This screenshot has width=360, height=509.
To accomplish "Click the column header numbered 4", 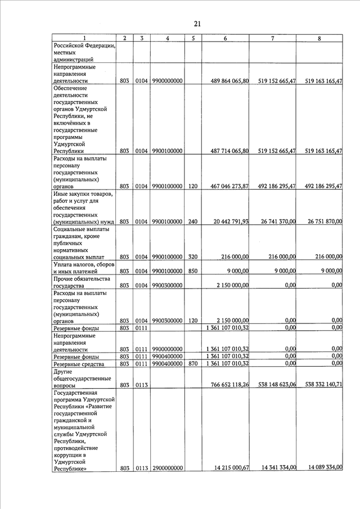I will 168,38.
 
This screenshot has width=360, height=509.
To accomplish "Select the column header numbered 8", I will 319,38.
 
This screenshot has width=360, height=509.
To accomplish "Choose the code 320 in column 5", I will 193,256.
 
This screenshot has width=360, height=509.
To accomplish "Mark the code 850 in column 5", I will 193,271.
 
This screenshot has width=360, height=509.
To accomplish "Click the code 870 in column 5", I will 193,364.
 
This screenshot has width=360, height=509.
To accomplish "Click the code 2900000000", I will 168,468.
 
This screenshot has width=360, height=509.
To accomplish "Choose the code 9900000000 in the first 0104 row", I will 168,81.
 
